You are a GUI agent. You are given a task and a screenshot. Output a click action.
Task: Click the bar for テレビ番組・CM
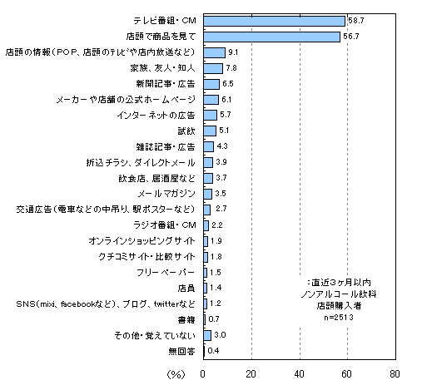pyautogui.click(x=274, y=21)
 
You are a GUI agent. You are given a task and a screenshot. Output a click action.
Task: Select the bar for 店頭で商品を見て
pyautogui.click(x=271, y=37)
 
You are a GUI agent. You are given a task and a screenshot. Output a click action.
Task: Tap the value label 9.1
pyautogui.click(x=233, y=52)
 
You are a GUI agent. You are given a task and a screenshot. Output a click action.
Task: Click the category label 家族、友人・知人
pyautogui.click(x=162, y=68)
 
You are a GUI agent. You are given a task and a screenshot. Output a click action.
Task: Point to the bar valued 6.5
pyautogui.click(x=211, y=84)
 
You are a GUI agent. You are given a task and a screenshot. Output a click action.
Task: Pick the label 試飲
pyautogui.click(x=186, y=131)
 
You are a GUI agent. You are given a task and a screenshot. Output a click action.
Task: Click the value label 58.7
pyautogui.click(x=356, y=21)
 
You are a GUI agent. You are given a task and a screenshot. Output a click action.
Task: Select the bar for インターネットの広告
pyautogui.click(x=210, y=116)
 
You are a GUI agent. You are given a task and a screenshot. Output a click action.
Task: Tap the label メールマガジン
pyautogui.click(x=166, y=194)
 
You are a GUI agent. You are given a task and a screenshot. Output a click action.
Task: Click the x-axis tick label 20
pyautogui.click(x=251, y=374)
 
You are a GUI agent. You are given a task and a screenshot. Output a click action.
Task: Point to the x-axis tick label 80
pyautogui.click(x=395, y=374)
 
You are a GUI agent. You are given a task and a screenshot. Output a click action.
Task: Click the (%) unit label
pyautogui.click(x=176, y=375)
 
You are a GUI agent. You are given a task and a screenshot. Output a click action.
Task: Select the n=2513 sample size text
pyautogui.click(x=339, y=317)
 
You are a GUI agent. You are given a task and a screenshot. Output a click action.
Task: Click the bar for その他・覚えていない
pyautogui.click(x=207, y=335)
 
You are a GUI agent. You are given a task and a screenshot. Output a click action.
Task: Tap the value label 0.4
pyautogui.click(x=213, y=351)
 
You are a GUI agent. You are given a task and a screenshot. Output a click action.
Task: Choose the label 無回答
pyautogui.click(x=181, y=352)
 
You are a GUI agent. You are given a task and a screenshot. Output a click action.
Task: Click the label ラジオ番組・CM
pyautogui.click(x=165, y=225)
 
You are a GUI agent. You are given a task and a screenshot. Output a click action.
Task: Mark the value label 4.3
pyautogui.click(x=222, y=146)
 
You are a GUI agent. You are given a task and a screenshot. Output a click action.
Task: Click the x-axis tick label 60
pyautogui.click(x=347, y=374)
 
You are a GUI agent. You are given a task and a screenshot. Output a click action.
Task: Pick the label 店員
pyautogui.click(x=186, y=289)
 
